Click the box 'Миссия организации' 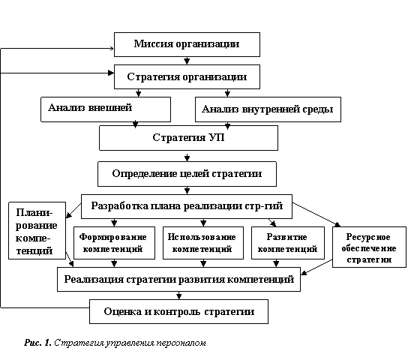[187, 44]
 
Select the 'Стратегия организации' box [187, 76]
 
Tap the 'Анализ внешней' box [106, 109]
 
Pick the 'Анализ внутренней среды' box [268, 109]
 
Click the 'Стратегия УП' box [189, 138]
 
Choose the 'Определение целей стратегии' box [187, 174]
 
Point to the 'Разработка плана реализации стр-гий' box [187, 206]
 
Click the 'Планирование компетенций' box [37, 230]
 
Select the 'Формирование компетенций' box [114, 243]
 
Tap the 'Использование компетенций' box [203, 243]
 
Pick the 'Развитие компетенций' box [288, 243]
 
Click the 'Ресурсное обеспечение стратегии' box [369, 247]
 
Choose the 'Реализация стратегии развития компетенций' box [178, 279]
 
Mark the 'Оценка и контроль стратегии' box [178, 311]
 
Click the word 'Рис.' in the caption [33, 343]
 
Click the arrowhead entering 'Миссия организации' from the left [112, 48]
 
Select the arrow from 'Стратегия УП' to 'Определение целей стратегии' [187, 156]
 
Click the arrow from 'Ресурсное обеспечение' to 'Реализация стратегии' [316, 267]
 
